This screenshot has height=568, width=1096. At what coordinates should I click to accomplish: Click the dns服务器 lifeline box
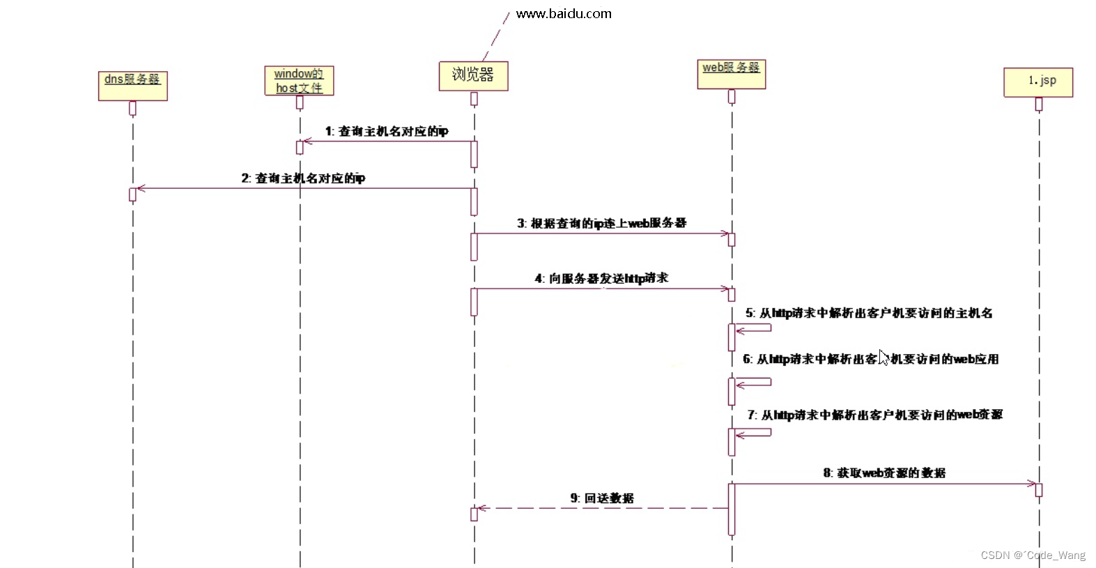[132, 86]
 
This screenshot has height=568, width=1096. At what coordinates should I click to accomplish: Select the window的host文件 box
[299, 81]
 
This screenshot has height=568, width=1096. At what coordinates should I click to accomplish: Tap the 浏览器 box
[473, 75]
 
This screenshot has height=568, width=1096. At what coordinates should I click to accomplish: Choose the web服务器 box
[731, 74]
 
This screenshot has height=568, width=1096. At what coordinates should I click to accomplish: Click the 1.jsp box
[1038, 82]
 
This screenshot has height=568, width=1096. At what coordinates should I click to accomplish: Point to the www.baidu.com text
[564, 14]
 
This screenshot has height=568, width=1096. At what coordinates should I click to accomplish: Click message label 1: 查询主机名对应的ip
[387, 131]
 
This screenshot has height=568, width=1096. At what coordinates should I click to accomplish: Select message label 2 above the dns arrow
[303, 178]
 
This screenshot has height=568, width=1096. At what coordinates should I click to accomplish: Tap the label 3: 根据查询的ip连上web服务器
[601, 223]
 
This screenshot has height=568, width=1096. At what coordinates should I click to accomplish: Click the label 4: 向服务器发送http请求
[601, 279]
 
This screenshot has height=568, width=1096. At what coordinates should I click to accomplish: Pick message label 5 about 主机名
[869, 314]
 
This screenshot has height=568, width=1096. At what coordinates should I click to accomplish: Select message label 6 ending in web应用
[870, 360]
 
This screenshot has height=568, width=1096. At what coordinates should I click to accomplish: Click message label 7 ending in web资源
[874, 415]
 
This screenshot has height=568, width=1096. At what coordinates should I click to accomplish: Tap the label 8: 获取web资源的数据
[884, 473]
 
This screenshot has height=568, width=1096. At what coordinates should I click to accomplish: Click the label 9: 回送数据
[602, 498]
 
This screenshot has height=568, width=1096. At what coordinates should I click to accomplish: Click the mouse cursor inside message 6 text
[883, 358]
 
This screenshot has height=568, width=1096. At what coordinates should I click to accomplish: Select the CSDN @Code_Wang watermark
[1033, 555]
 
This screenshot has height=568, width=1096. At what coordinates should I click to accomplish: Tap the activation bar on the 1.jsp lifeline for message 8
[1038, 490]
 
